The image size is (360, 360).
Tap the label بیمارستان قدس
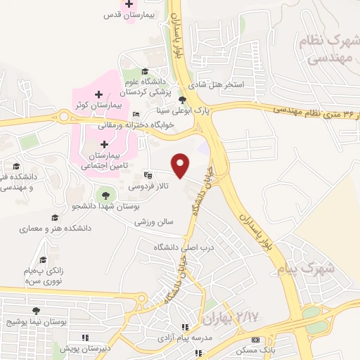coord(128,15)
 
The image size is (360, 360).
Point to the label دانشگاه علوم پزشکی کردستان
coord(144,86)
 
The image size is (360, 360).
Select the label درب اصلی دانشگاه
coord(184,247)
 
